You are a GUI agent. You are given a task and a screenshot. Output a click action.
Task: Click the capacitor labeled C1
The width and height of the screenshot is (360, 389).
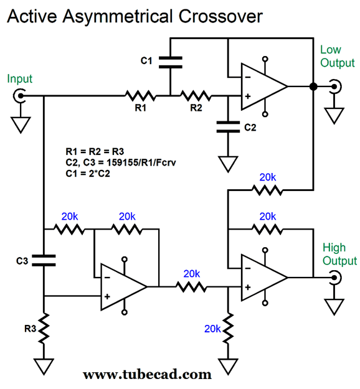pyautogui.click(x=170, y=62)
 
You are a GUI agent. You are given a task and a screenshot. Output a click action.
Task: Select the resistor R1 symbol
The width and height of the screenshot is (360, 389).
pyautogui.click(x=140, y=95)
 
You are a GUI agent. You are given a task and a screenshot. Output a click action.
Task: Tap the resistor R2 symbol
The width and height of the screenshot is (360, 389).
pyautogui.click(x=196, y=95)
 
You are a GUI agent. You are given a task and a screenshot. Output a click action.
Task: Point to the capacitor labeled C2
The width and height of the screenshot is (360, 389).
pyautogui.click(x=228, y=127)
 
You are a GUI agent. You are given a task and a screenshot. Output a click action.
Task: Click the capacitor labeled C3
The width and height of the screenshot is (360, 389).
pyautogui.click(x=44, y=261)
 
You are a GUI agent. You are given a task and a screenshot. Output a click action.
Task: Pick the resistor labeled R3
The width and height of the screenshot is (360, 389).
pyautogui.click(x=44, y=329)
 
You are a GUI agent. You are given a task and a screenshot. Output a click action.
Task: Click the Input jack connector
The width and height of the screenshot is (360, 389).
pyautogui.click(x=19, y=96)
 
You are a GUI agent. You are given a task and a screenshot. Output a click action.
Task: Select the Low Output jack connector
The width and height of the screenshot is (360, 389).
pyautogui.click(x=335, y=87)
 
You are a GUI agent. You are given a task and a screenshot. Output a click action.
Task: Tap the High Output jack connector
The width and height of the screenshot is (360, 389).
pyautogui.click(x=335, y=278)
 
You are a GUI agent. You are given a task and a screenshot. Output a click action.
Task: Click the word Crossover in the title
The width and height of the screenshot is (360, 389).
pyautogui.click(x=220, y=16)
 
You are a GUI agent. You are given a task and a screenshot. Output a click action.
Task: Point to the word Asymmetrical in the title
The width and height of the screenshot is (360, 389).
pyautogui.click(x=118, y=17)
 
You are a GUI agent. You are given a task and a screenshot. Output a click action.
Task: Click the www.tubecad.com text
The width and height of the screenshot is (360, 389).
pyautogui.click(x=147, y=374)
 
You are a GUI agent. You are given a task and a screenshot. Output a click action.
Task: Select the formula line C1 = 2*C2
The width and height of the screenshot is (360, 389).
pyautogui.click(x=88, y=174)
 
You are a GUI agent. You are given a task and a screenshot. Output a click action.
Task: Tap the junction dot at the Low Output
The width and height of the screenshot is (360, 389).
pyautogui.click(x=313, y=87)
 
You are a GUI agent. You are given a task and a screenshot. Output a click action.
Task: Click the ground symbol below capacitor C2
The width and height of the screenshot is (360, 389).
pyautogui.click(x=228, y=164)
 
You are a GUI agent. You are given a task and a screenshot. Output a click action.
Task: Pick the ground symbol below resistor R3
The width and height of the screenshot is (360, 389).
pyautogui.click(x=44, y=367)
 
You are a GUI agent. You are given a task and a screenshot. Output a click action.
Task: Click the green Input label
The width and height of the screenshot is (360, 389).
pyautogui.click(x=19, y=79)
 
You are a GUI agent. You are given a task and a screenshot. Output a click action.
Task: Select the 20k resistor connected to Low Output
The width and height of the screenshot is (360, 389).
pyautogui.click(x=267, y=190)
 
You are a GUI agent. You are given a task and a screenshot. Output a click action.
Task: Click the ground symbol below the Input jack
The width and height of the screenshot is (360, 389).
pyautogui.click(x=21, y=124)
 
